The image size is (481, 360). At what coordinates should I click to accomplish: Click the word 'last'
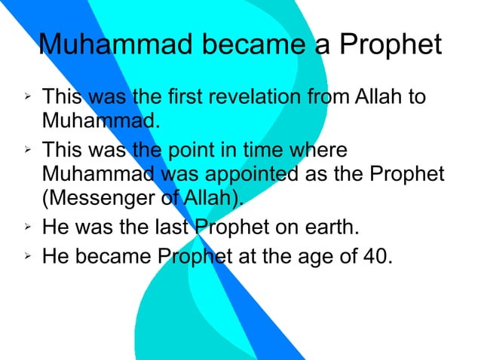(x=170, y=227)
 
